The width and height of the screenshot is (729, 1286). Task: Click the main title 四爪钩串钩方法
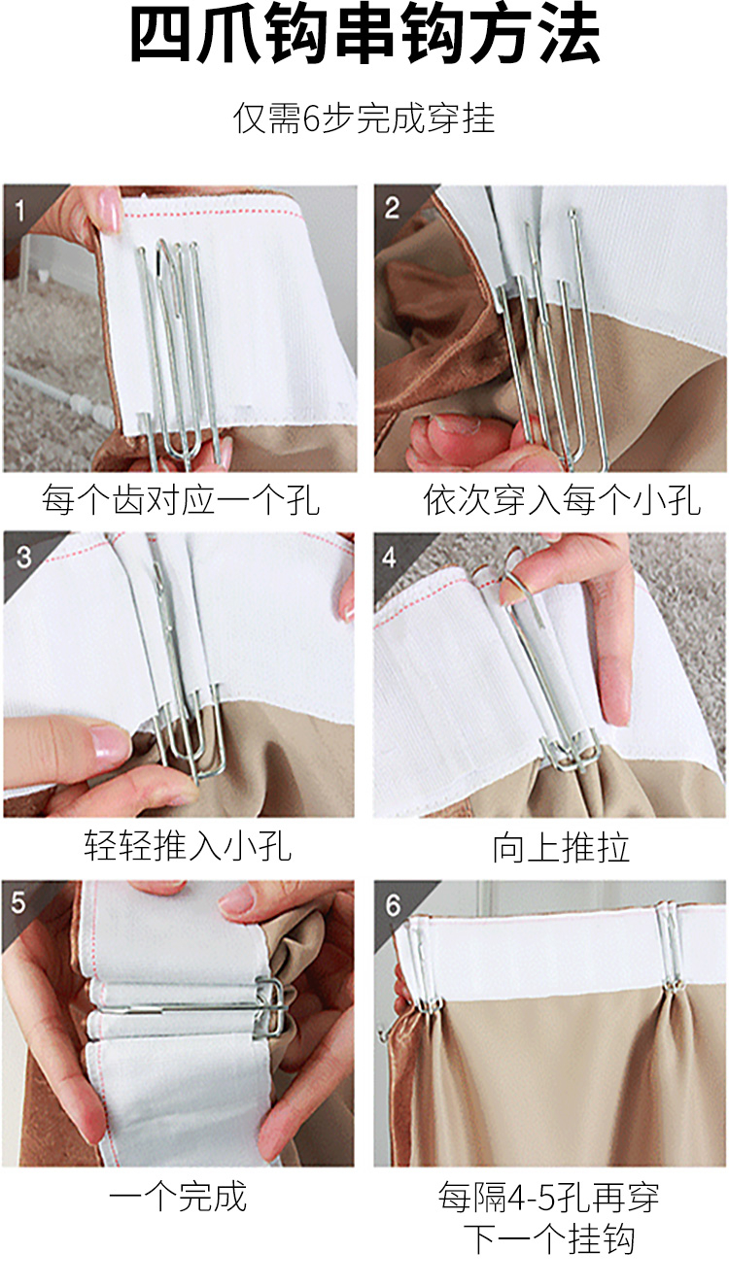pyautogui.click(x=365, y=34)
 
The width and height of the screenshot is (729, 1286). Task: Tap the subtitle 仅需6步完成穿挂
pyautogui.click(x=364, y=118)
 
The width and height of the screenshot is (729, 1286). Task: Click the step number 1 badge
pyautogui.click(x=20, y=211)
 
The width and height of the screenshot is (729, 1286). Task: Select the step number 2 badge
pyautogui.click(x=392, y=208)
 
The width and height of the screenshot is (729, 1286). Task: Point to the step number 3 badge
pyautogui.click(x=23, y=557)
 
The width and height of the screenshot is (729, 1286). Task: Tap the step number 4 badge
pyautogui.click(x=390, y=557)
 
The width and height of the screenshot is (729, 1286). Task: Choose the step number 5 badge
pyautogui.click(x=18, y=902)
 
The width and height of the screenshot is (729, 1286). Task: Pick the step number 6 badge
pyautogui.click(x=393, y=905)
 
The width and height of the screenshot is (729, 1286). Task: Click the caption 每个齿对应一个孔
pyautogui.click(x=181, y=499)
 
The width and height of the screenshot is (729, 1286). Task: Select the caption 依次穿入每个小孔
pyautogui.click(x=562, y=499)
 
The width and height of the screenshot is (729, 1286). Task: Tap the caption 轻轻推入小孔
pyautogui.click(x=188, y=846)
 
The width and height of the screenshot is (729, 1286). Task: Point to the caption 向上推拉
pyautogui.click(x=561, y=847)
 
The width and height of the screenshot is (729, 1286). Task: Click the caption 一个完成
pyautogui.click(x=178, y=1196)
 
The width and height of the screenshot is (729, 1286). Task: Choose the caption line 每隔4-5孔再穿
pyautogui.click(x=548, y=1197)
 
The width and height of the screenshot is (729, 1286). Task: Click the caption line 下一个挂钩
pyautogui.click(x=549, y=1239)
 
